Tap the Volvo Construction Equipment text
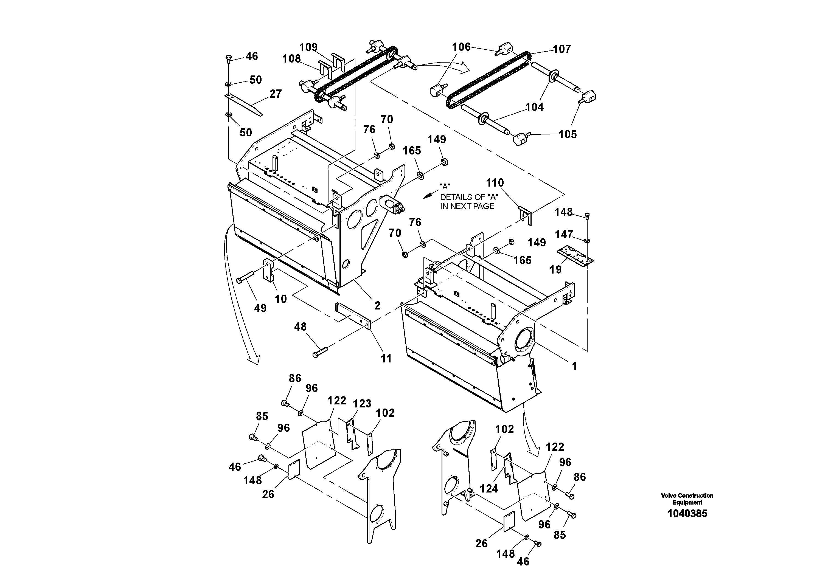(687, 499)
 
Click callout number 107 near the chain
(561, 49)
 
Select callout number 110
(495, 183)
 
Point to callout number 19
(555, 270)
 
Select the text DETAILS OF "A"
(469, 197)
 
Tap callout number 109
(308, 47)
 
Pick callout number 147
(564, 234)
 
